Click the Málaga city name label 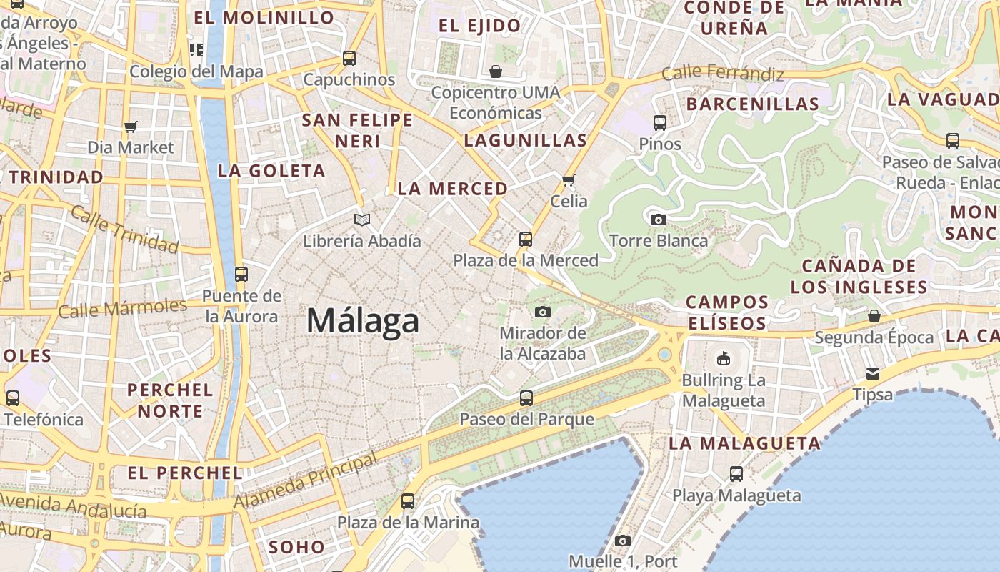point(363,321)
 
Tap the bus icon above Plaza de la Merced point(526,240)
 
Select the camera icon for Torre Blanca point(659,220)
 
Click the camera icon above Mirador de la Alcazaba point(543,312)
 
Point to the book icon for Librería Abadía point(362,220)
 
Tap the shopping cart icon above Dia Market point(130,127)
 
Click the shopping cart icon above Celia point(569,180)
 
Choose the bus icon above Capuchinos point(349,59)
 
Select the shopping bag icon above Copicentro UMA point(496,71)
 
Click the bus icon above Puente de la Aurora point(241,275)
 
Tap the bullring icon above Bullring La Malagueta point(724,358)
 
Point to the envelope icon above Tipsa point(873,374)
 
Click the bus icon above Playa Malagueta point(736,474)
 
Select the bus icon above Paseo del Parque point(526,398)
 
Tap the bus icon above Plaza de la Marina point(408,501)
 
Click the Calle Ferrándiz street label point(722,73)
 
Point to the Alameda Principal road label point(306,481)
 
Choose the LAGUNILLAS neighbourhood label point(526,140)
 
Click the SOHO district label point(296,548)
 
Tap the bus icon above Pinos point(660,123)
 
